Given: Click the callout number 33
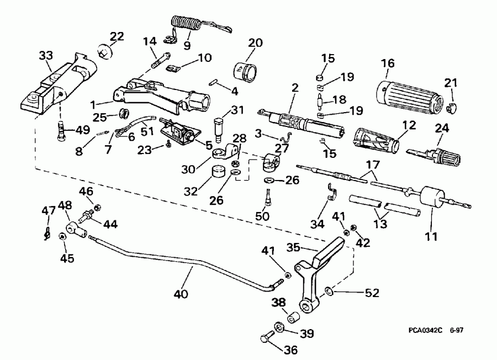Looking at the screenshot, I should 46,55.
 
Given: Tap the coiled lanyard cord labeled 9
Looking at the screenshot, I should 186,25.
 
